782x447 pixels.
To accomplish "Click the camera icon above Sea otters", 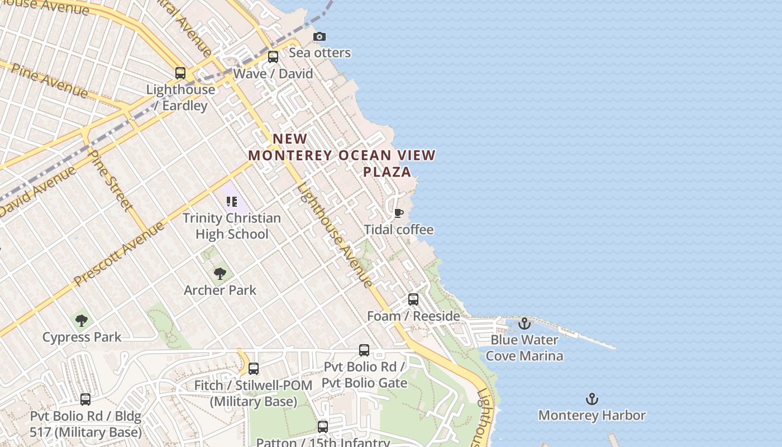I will click(320, 36).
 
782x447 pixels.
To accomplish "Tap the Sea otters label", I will click(320, 53).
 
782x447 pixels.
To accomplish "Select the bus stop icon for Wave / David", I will click(273, 57).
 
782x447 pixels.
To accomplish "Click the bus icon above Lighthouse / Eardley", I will click(180, 73).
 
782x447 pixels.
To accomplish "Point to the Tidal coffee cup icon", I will click(398, 213).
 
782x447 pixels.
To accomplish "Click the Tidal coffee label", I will click(398, 230).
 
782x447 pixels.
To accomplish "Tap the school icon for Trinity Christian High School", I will click(232, 202).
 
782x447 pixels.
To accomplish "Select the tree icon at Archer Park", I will click(220, 273).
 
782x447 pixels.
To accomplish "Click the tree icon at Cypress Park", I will click(82, 321).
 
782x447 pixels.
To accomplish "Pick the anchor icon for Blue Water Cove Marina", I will click(524, 324).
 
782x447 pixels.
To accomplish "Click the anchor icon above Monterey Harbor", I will click(592, 399).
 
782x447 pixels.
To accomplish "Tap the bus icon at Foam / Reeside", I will click(413, 299).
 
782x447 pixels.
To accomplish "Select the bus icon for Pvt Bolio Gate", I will click(364, 350).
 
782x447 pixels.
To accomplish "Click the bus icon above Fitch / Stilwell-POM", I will click(254, 369).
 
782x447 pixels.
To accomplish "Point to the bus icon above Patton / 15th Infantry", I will click(323, 427).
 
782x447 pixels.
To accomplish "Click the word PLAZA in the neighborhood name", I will click(387, 172).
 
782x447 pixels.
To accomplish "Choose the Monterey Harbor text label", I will click(592, 415).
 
